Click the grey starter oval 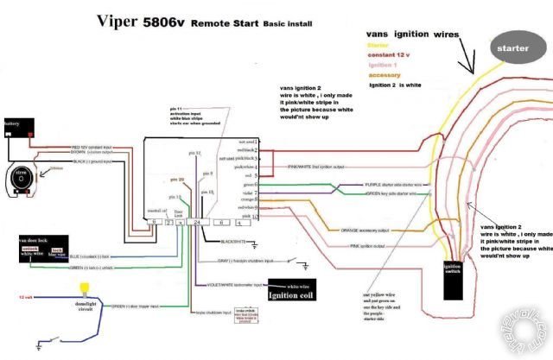(x=518, y=49)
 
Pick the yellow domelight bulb (x=85, y=288)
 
